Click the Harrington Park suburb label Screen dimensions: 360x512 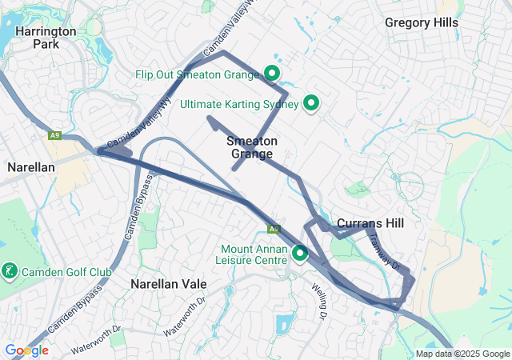click(56, 37)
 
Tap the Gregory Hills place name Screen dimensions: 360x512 click(422, 22)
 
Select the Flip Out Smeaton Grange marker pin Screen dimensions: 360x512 click(271, 74)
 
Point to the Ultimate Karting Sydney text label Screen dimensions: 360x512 click(239, 104)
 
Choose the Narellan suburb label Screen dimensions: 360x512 click(30, 167)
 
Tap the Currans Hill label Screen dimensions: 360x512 click(370, 222)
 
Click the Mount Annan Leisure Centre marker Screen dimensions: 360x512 click(300, 254)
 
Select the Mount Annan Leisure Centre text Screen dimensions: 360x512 click(253, 254)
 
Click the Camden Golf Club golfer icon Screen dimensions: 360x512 click(9, 272)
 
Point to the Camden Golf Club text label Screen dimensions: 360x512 click(67, 272)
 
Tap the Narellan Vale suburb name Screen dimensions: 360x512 click(168, 284)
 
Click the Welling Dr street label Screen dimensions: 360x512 click(320, 301)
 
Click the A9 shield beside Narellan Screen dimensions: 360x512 click(54, 136)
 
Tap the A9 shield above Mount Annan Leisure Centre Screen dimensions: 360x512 click(274, 229)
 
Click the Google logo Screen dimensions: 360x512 click(26, 350)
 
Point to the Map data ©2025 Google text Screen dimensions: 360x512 click(462, 354)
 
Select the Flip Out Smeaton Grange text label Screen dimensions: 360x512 click(198, 74)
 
